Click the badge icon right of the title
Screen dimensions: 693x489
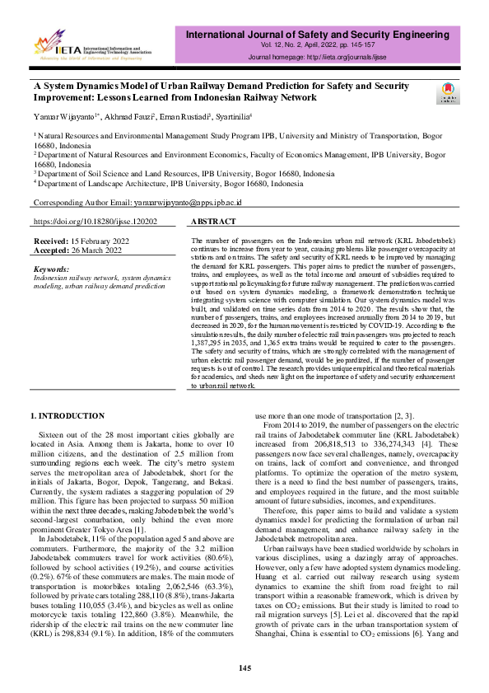448,92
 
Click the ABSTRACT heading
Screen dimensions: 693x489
214,222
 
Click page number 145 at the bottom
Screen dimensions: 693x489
244,667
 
